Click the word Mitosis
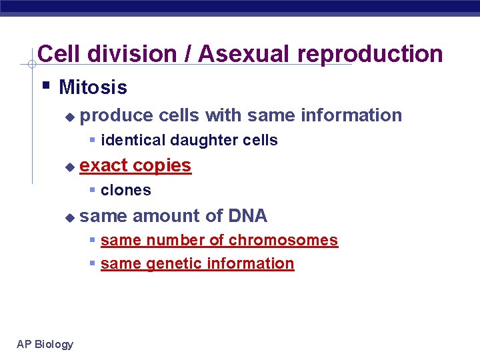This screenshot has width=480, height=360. click(x=93, y=87)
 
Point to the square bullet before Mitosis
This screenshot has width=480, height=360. click(x=45, y=86)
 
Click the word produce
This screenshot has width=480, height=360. click(x=116, y=115)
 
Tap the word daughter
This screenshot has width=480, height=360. click(x=200, y=141)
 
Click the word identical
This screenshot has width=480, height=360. click(x=133, y=141)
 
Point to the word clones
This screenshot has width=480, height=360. click(x=126, y=191)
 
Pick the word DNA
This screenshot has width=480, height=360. click(x=247, y=216)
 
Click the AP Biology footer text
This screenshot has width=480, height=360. click(x=45, y=344)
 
